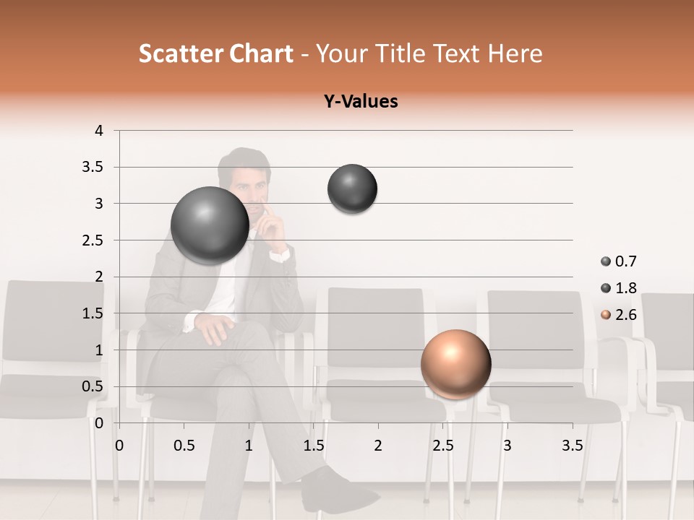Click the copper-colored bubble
tap(455, 364)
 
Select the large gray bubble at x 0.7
tap(210, 225)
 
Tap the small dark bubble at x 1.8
tap(352, 188)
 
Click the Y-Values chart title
tap(360, 101)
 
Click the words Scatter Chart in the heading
tap(215, 53)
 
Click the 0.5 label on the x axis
tap(184, 446)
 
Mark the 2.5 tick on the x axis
tap(442, 446)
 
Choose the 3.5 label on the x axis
tap(572, 446)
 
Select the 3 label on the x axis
tap(507, 446)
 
